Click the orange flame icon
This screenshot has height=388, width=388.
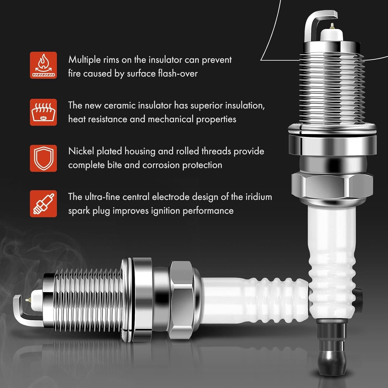pyautogui.click(x=43, y=65)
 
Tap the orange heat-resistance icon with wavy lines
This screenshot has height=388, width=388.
pyautogui.click(x=43, y=112)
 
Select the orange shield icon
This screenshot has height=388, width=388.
pyautogui.click(x=43, y=158)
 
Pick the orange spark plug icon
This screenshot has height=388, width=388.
pyautogui.click(x=43, y=204)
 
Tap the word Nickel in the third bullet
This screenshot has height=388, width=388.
pyautogui.click(x=81, y=151)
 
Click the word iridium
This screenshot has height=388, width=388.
pyautogui.click(x=258, y=197)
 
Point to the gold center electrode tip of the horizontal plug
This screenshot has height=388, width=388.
pyautogui.click(x=28, y=300)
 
